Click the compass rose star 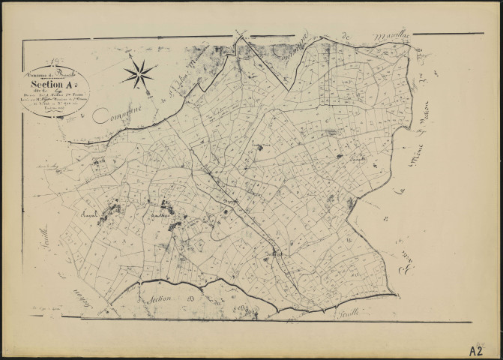140,73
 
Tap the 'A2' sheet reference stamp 475,349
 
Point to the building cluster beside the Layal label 112,208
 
